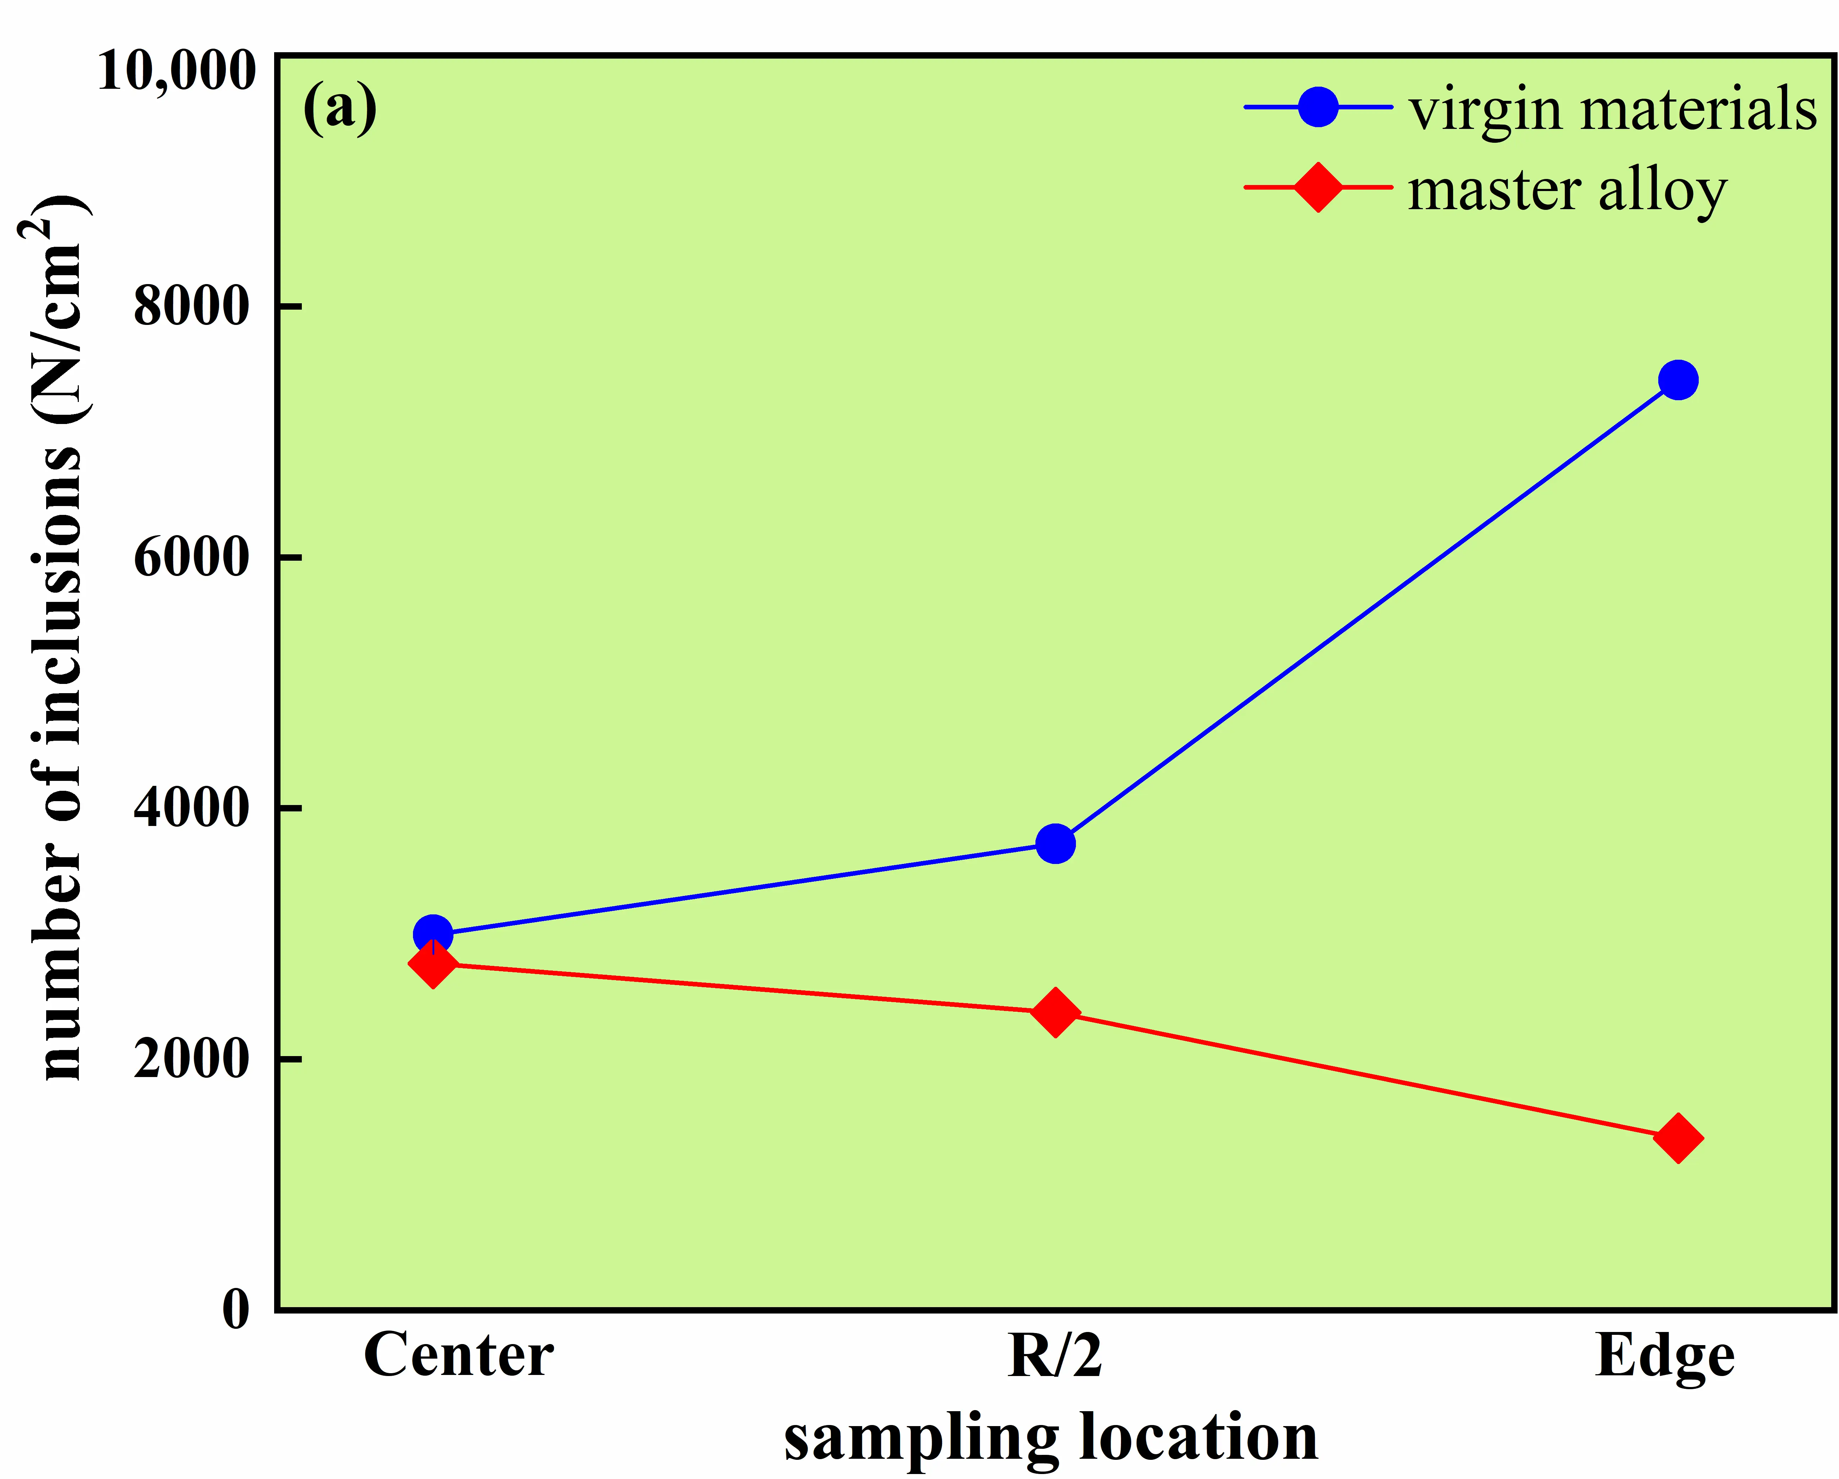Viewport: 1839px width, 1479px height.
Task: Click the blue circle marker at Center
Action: [432, 935]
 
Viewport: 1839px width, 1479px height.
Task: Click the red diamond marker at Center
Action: [432, 964]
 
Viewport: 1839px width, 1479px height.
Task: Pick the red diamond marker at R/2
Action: [1055, 1012]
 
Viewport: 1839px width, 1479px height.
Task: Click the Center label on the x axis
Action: [458, 1356]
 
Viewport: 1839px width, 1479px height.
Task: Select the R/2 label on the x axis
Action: [1055, 1356]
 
